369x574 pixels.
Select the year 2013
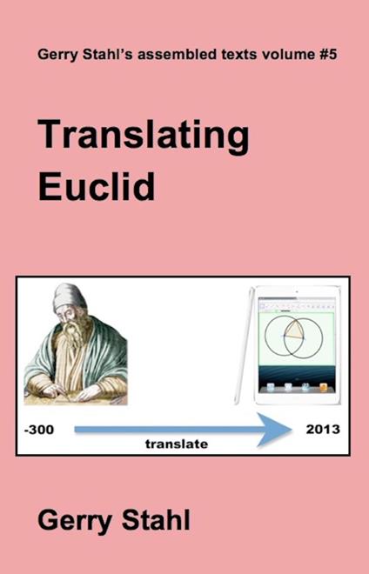click(323, 430)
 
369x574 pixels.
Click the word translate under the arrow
click(177, 444)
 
